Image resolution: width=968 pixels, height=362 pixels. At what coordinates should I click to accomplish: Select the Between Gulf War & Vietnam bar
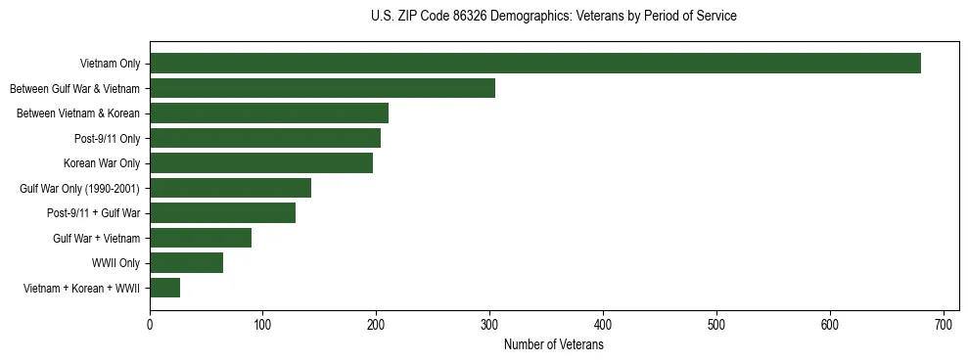coord(322,88)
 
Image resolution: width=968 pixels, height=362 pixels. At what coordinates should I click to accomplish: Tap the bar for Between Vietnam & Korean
coord(269,113)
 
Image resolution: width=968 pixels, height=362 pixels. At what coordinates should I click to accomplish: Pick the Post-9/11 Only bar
coord(265,138)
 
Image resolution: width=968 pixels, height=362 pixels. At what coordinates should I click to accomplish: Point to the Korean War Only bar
coord(261,163)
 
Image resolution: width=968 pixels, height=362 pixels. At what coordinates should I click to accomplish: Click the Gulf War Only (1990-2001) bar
coord(230,188)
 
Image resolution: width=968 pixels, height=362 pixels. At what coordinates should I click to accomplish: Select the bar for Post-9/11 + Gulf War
coord(222,213)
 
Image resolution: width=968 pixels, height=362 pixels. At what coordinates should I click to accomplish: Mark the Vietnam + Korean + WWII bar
coord(164,288)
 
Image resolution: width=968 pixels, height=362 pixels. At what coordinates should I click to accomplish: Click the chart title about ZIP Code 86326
coord(553,17)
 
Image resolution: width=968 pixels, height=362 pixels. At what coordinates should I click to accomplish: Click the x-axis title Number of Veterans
coord(553,345)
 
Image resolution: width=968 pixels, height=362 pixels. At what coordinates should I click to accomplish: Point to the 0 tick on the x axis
coord(150,322)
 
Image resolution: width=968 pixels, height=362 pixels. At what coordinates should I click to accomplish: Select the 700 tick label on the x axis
coord(944,322)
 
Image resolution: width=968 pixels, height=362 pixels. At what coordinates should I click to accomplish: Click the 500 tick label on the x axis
coord(716,322)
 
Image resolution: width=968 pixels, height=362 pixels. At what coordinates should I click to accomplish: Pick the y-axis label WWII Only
coord(115,263)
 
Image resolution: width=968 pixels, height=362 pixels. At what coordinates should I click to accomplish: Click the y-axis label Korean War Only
coord(102,163)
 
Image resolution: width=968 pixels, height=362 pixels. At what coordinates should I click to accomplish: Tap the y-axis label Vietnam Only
coord(110,64)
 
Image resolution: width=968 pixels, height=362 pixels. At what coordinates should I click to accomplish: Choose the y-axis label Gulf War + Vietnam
coord(96,238)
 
